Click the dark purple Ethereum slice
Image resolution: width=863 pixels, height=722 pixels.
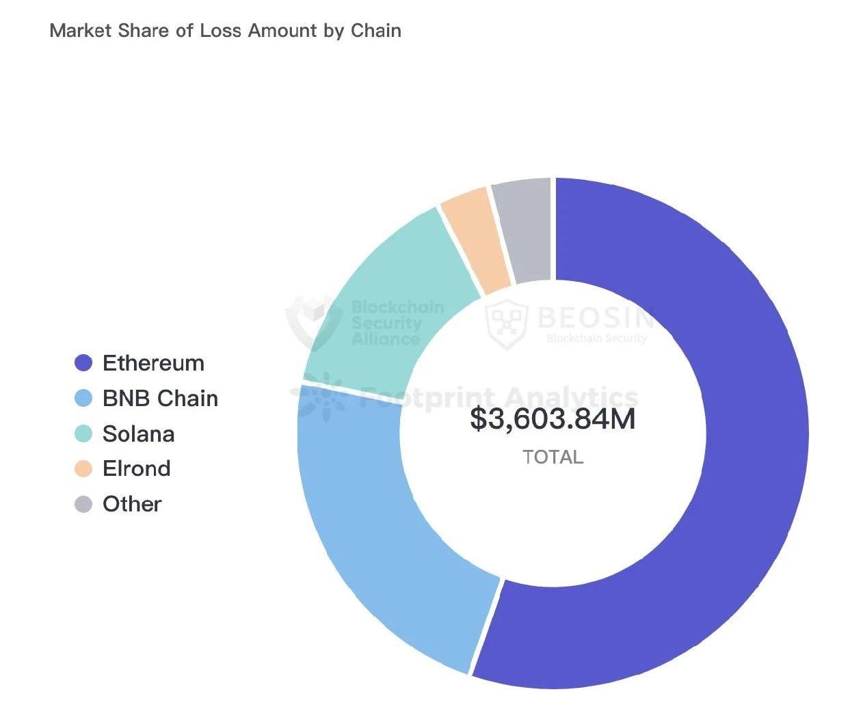click(x=739, y=479)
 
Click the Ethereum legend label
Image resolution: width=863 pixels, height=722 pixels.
click(x=153, y=363)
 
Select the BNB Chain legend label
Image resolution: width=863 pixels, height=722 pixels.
click(x=160, y=399)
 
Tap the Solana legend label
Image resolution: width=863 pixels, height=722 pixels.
click(x=138, y=434)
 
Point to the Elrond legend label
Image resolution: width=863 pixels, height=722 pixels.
click(x=136, y=469)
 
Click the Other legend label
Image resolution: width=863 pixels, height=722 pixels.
click(x=132, y=505)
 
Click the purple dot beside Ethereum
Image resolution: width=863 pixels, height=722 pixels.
click(x=83, y=363)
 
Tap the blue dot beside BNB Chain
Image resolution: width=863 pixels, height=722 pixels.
click(x=83, y=399)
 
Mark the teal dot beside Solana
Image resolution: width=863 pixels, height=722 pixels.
click(x=83, y=434)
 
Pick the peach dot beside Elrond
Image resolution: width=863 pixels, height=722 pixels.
click(x=83, y=469)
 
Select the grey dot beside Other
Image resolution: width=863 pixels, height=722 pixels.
click(x=83, y=505)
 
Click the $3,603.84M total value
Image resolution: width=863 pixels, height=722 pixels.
click(x=553, y=419)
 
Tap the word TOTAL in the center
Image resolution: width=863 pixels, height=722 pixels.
click(x=553, y=457)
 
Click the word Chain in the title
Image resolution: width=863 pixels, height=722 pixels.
click(x=375, y=31)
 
